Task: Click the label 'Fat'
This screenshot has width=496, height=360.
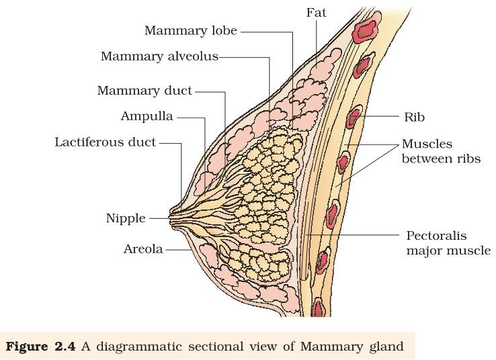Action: [x=316, y=13]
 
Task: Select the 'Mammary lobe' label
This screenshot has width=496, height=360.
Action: [x=191, y=31]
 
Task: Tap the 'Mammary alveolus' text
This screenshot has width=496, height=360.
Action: [x=159, y=56]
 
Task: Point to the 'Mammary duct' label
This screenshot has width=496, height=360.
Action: [x=144, y=91]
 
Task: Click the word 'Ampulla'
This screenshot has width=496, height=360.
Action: [x=147, y=117]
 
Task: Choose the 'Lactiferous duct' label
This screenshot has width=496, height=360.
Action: [x=106, y=142]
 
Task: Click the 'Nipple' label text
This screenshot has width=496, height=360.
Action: [x=126, y=218]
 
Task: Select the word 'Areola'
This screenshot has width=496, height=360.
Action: [x=143, y=249]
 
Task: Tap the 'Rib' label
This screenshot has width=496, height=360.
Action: [x=415, y=118]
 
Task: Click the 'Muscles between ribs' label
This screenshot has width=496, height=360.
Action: [x=441, y=151]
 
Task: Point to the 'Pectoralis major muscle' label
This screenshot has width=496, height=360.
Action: [x=448, y=243]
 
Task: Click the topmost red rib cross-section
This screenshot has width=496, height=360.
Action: [x=366, y=28]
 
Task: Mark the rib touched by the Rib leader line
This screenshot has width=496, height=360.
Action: [x=354, y=116]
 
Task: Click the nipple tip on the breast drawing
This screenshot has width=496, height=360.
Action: [x=170, y=218]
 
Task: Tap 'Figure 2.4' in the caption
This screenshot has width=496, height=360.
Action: [x=40, y=347]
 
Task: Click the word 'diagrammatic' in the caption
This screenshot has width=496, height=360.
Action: [x=138, y=347]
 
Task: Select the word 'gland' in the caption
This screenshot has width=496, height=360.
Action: [x=386, y=347]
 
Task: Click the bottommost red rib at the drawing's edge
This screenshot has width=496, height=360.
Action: [x=319, y=307]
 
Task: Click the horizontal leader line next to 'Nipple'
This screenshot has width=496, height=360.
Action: [x=159, y=218]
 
